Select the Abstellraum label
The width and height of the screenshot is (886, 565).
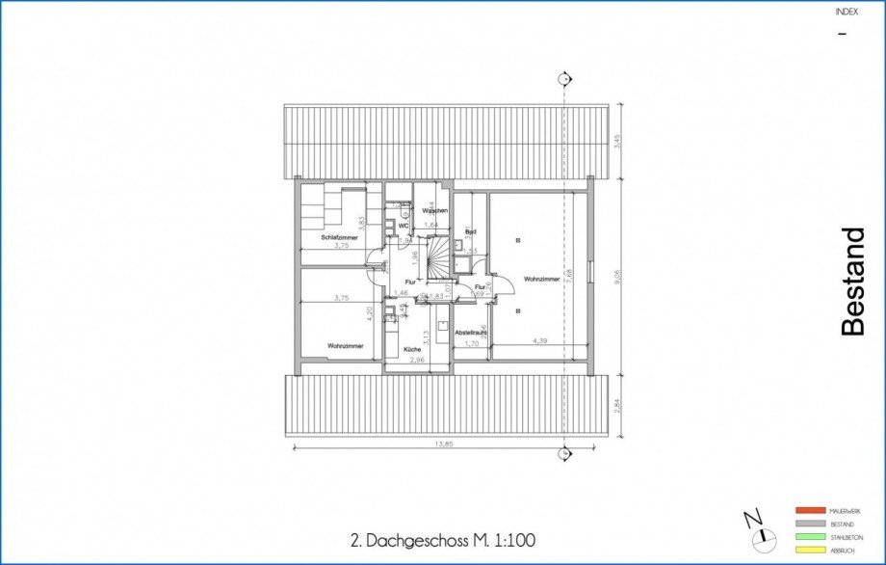471,333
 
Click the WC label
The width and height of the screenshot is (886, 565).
404,226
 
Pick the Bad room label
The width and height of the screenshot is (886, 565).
471,232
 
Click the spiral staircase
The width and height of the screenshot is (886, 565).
439,256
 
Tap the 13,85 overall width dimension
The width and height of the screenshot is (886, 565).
444,444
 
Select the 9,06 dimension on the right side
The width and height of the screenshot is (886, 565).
617,276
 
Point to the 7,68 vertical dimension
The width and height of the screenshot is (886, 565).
570,274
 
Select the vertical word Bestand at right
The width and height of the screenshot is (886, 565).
853,282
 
